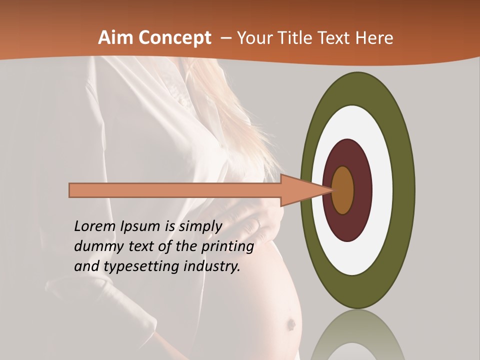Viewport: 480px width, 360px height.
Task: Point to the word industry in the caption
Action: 212,266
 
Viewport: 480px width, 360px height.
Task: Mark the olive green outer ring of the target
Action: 404,190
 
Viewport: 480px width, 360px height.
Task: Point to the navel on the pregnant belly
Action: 289,325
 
